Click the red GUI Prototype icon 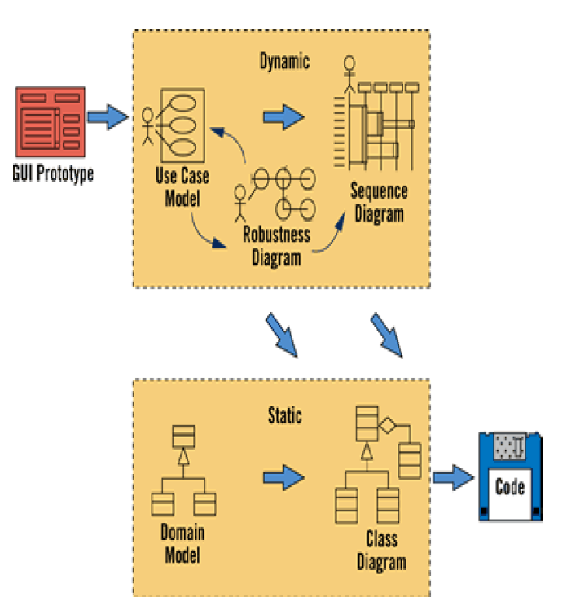(x=51, y=121)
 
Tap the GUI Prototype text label (x=53, y=173)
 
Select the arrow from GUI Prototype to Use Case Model (x=108, y=116)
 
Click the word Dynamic (x=284, y=61)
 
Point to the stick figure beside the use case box (x=147, y=126)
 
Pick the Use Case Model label (x=182, y=187)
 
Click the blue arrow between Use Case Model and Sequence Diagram (x=283, y=116)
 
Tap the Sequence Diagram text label (x=379, y=202)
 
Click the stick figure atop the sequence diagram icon (x=349, y=75)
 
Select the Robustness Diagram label (x=276, y=246)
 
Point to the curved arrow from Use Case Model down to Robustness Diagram (x=203, y=235)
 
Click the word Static (x=285, y=415)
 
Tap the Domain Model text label (x=182, y=543)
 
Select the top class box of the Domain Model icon (x=183, y=436)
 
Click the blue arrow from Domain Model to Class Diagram (x=283, y=477)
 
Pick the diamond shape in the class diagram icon (x=388, y=425)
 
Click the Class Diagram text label (x=381, y=551)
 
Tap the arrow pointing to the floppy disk (x=454, y=477)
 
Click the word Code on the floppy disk (x=510, y=486)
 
